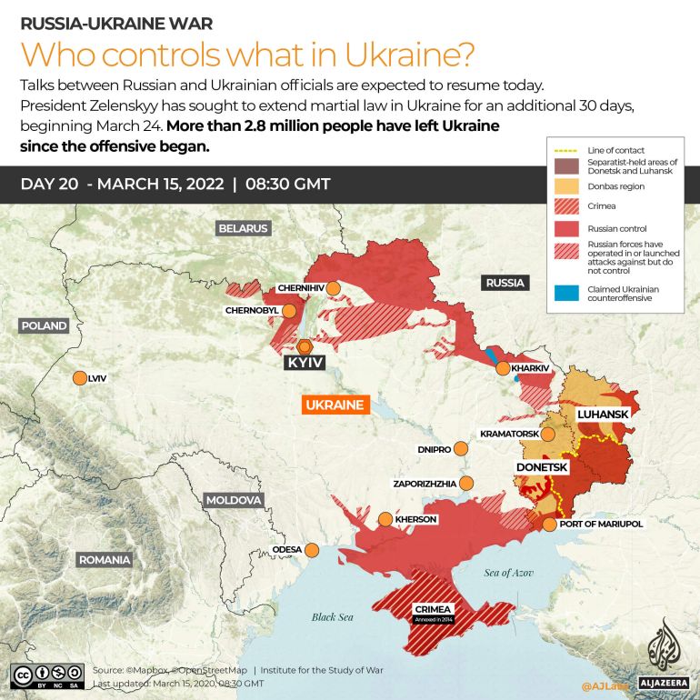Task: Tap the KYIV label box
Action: tap(305, 363)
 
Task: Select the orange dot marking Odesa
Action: tap(312, 549)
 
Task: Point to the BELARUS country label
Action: tap(243, 228)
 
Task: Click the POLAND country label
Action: tap(44, 325)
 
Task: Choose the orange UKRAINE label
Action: tap(334, 405)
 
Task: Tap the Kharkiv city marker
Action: tap(503, 368)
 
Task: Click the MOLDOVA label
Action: tap(234, 500)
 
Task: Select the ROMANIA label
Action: tap(104, 560)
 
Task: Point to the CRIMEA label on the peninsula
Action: tap(431, 609)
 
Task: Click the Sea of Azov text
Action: tap(508, 572)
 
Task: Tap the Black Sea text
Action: tap(332, 617)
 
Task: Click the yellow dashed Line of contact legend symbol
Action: tap(564, 149)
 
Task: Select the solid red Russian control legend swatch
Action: tap(564, 229)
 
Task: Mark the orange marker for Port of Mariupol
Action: tap(549, 524)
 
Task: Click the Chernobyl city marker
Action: tap(289, 311)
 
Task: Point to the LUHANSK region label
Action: tap(603, 414)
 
